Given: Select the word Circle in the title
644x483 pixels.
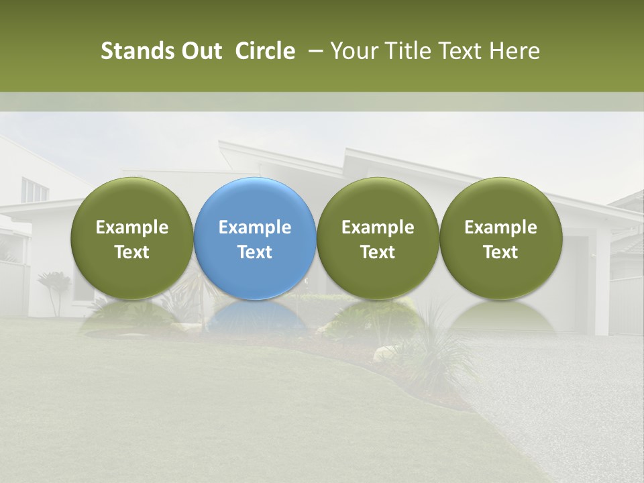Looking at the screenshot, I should [x=265, y=51].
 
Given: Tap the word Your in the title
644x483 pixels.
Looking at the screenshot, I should [x=353, y=51].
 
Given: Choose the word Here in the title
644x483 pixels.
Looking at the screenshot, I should [x=514, y=51].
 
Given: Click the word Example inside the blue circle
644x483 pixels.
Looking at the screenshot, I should [x=255, y=227].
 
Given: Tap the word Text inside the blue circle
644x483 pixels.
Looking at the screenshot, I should [x=255, y=252].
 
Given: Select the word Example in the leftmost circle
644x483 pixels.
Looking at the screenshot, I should [x=131, y=227].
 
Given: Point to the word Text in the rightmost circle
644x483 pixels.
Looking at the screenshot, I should [x=500, y=252].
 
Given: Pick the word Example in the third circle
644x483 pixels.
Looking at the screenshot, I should [x=378, y=227].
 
